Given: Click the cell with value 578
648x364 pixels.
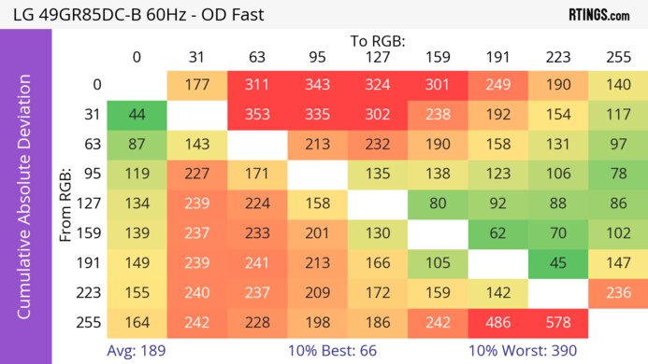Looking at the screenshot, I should (x=558, y=322).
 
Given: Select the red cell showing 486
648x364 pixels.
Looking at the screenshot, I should (x=498, y=322).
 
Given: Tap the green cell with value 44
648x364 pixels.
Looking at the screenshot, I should (x=137, y=116).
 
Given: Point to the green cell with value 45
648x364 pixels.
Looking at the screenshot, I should (x=558, y=263).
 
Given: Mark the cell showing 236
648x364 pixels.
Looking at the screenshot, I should (x=618, y=293).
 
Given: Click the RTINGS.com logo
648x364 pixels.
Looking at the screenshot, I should (x=598, y=15).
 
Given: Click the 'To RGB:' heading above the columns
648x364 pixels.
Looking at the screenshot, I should (x=377, y=41).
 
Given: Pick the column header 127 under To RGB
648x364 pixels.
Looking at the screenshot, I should (x=377, y=57).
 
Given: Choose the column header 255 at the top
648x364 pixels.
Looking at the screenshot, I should (x=618, y=57).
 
